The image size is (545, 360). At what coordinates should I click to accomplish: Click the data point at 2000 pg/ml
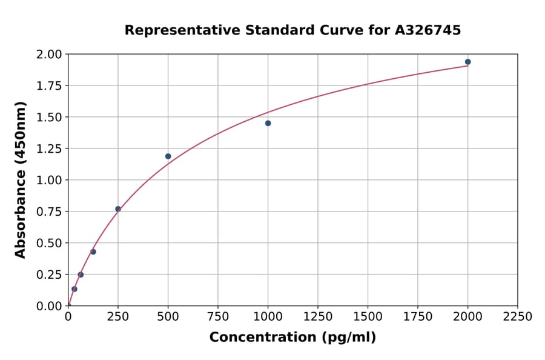(467, 62)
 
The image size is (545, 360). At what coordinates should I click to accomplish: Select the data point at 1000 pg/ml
(268, 123)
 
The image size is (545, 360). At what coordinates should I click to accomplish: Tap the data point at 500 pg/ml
(168, 156)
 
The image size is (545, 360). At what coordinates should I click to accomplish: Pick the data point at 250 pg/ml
(118, 209)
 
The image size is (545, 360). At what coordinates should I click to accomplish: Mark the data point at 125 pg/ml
(93, 252)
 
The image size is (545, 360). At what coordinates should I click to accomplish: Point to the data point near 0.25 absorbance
(81, 275)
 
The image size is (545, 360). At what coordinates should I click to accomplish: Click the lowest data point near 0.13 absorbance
(74, 289)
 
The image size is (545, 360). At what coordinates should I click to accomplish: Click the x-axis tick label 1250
(318, 317)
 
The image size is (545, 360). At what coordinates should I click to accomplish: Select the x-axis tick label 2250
(518, 317)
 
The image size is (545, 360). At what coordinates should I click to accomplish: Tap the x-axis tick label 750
(218, 317)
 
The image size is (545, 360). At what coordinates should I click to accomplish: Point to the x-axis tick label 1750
(418, 317)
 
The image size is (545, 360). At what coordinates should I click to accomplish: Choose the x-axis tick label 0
(68, 317)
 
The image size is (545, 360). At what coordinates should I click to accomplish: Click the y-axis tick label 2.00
(49, 55)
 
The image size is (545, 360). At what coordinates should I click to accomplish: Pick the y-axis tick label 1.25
(49, 148)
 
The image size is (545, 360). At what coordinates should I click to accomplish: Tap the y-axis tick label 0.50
(49, 243)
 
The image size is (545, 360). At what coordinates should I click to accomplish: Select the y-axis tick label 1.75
(49, 86)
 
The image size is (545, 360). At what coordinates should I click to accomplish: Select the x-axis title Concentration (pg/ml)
(292, 338)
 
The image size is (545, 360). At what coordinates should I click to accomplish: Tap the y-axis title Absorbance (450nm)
(21, 180)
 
